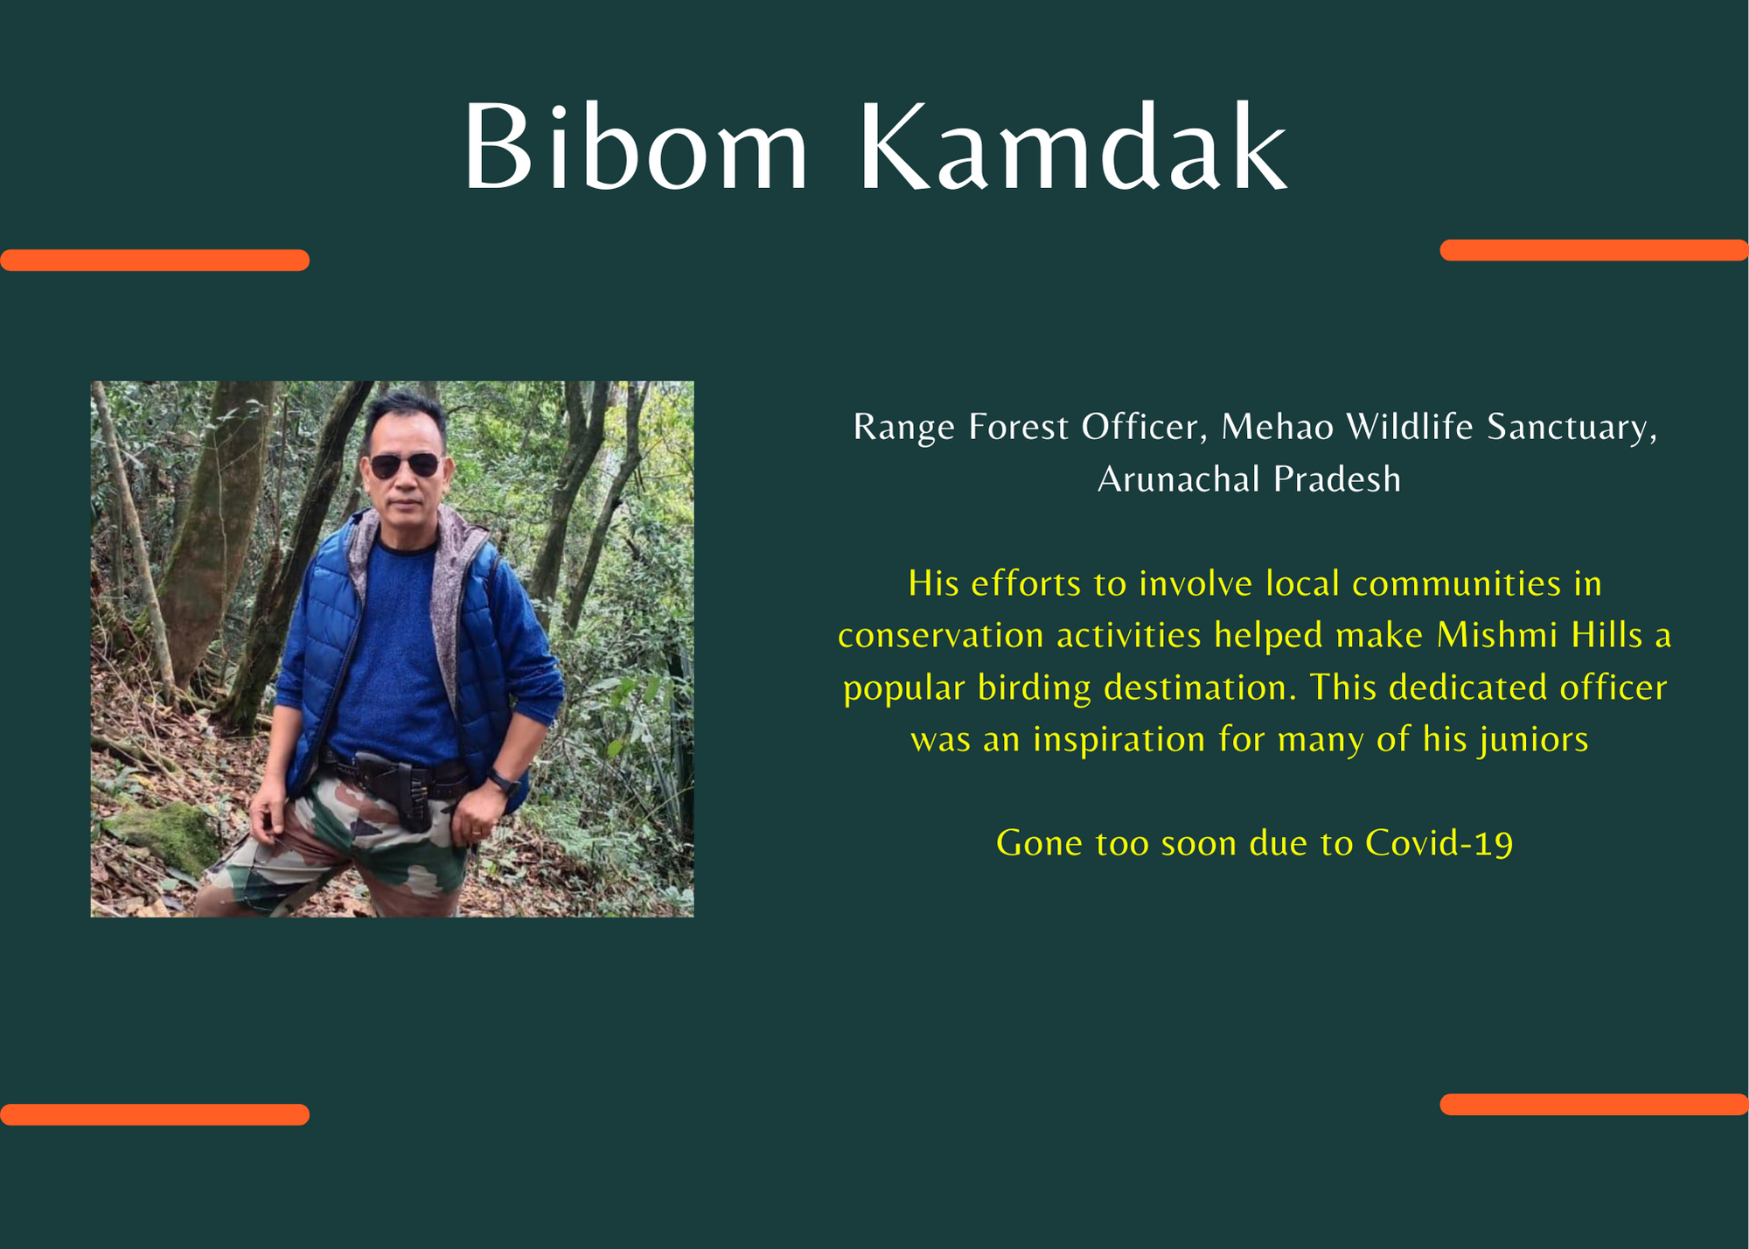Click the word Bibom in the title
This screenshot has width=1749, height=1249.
click(636, 146)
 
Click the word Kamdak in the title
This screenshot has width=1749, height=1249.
click(1074, 146)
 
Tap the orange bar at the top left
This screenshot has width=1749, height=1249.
click(155, 260)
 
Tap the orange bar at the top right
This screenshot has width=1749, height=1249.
click(1594, 250)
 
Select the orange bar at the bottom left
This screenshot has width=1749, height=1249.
click(155, 1114)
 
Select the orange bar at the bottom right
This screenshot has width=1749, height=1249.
click(1594, 1104)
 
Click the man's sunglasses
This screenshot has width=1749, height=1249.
click(405, 465)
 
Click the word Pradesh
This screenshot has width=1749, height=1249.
click(1337, 479)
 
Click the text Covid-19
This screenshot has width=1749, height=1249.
click(1439, 843)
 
